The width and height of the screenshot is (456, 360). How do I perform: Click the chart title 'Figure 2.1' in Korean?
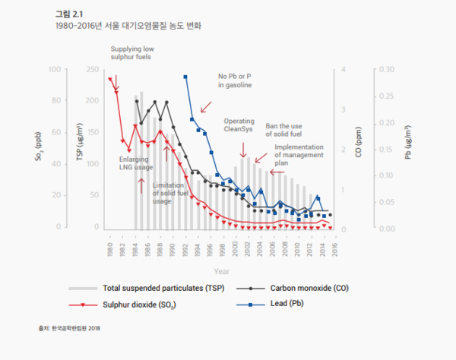66,13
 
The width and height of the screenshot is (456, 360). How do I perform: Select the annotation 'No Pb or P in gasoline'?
234,81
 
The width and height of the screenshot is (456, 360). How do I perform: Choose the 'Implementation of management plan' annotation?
299,154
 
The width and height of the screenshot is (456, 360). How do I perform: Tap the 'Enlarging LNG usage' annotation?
136,163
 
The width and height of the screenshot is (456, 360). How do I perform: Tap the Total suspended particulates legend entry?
153,289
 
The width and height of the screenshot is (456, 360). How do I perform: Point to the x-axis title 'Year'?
221,270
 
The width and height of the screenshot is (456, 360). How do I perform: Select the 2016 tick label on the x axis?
334,245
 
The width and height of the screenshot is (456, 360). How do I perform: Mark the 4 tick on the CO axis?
345,70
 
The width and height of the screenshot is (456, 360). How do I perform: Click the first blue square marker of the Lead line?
185,77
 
